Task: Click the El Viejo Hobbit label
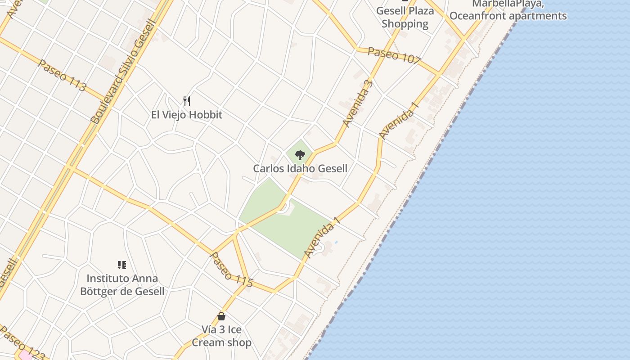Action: click(x=187, y=115)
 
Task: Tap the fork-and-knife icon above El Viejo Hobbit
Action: click(x=187, y=101)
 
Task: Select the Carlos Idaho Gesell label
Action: click(x=300, y=169)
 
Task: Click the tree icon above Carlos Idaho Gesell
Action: click(x=300, y=156)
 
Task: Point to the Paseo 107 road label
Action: click(x=394, y=54)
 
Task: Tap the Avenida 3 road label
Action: click(x=358, y=103)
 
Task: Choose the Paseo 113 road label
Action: click(x=62, y=75)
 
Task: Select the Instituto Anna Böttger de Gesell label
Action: click(x=122, y=285)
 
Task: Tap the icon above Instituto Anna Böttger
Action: click(x=121, y=265)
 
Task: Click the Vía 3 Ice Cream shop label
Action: click(x=221, y=336)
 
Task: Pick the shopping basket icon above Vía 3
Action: click(x=221, y=316)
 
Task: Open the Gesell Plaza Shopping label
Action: click(x=405, y=17)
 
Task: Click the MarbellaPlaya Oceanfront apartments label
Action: click(x=508, y=10)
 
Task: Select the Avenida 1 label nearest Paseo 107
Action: click(x=399, y=121)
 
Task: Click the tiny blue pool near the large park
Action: click(x=336, y=243)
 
